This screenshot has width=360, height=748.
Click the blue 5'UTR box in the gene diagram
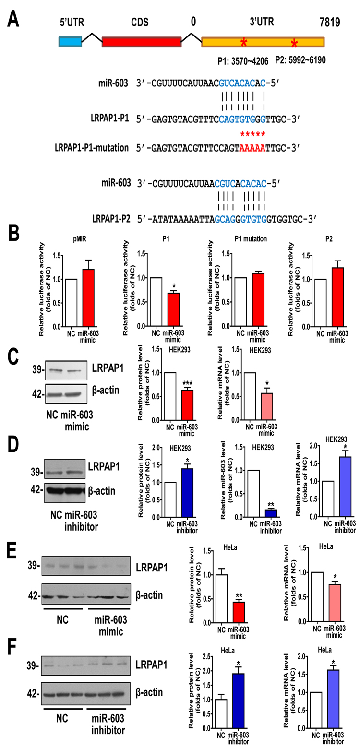pos(70,42)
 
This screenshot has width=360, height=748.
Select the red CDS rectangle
pos(141,42)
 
